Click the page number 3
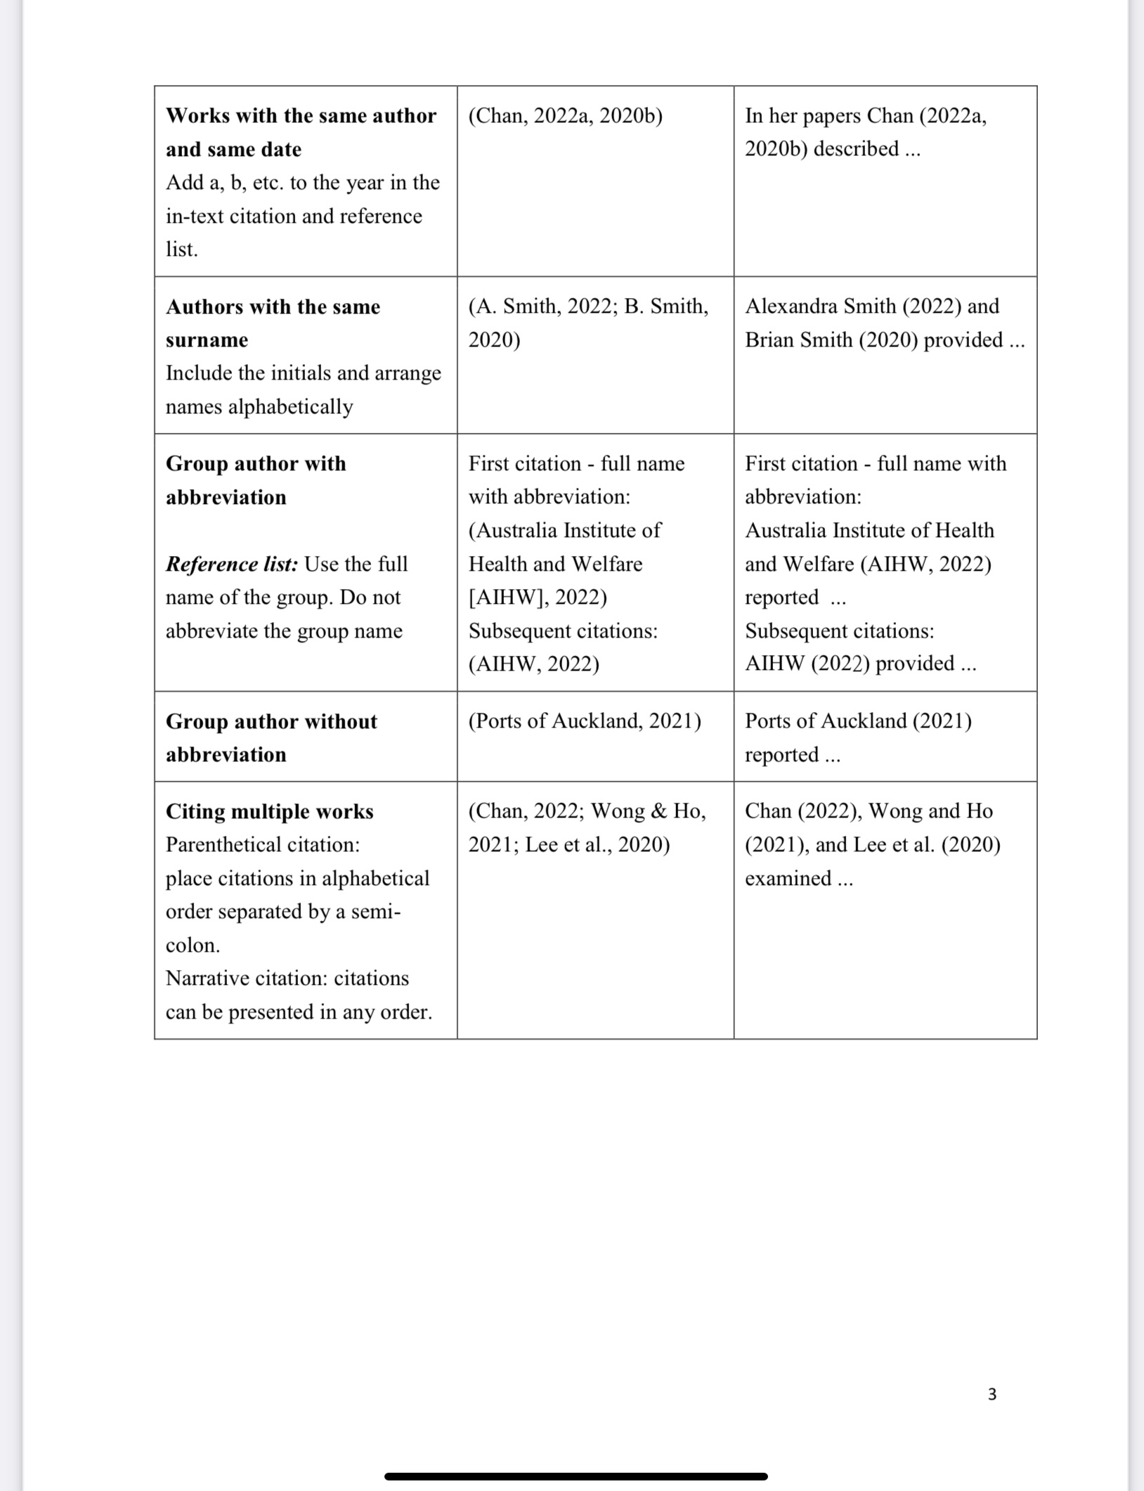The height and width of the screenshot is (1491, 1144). pos(992,1394)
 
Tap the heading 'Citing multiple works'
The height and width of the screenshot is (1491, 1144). pos(269,811)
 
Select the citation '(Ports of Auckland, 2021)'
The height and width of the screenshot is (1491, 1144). pos(585,721)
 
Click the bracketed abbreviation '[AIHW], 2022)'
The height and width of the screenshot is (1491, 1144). pos(538,598)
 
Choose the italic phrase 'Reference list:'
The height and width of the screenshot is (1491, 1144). pos(232,564)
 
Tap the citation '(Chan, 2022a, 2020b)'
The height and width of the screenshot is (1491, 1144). pos(565,115)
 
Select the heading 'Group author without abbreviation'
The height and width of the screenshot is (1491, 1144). pos(271,737)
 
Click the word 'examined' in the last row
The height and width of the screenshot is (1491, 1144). pos(788,879)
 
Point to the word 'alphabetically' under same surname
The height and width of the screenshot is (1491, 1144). pos(290,407)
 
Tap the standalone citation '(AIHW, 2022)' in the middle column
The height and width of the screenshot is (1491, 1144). pos(534,664)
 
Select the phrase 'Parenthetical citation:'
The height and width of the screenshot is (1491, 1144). pos(263,844)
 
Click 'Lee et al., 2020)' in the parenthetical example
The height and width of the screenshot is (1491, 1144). pos(597,845)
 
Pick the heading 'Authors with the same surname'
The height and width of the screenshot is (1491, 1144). pos(273,323)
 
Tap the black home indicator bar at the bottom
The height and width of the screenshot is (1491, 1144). pos(576,1476)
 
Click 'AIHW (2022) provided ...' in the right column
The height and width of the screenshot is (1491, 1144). pos(860,664)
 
